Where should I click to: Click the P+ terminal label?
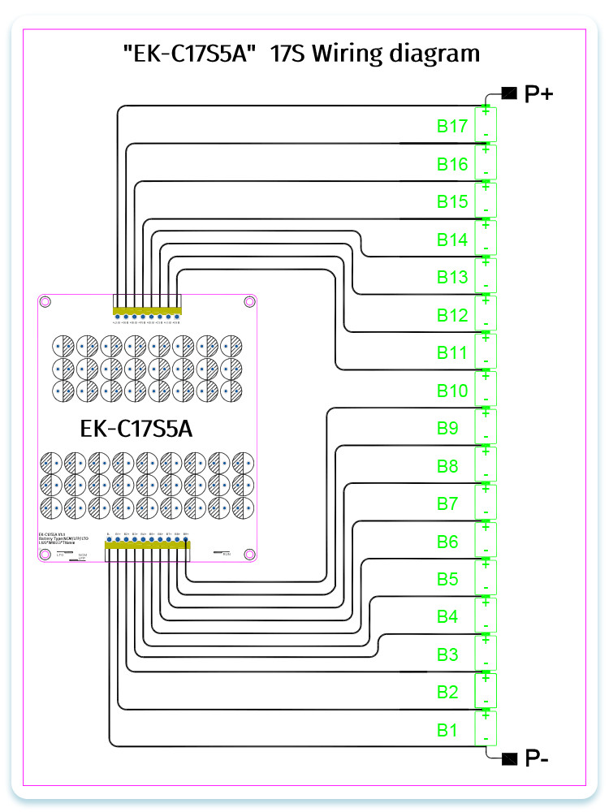[x=539, y=94]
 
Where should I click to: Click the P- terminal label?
[x=537, y=759]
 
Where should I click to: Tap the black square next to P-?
[x=510, y=758]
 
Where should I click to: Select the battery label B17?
[x=451, y=127]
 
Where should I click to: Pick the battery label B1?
[x=448, y=730]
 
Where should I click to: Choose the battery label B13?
[x=451, y=278]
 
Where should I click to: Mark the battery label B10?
[x=451, y=391]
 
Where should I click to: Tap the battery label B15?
[x=451, y=202]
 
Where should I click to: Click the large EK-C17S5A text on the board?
[x=147, y=428]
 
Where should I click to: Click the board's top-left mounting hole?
[x=45, y=303]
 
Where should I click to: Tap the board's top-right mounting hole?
[x=248, y=303]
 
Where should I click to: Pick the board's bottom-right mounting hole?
[x=248, y=554]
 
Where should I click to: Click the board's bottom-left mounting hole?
[x=45, y=554]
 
